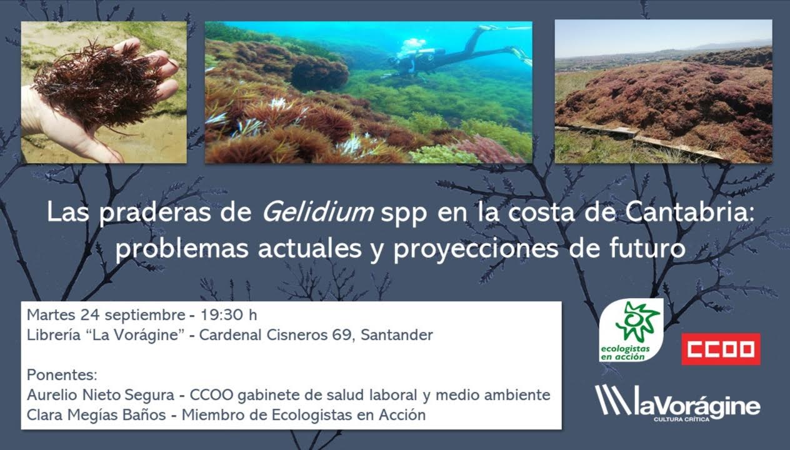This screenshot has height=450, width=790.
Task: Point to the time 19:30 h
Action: point(227,314)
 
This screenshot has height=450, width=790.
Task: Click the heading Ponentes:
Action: point(62,375)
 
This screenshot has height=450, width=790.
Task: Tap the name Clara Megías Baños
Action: point(97,415)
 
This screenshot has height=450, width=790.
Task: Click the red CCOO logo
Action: point(721,349)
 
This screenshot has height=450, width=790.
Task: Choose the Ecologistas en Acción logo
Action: point(631,330)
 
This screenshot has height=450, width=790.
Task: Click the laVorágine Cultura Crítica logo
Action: point(677,403)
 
